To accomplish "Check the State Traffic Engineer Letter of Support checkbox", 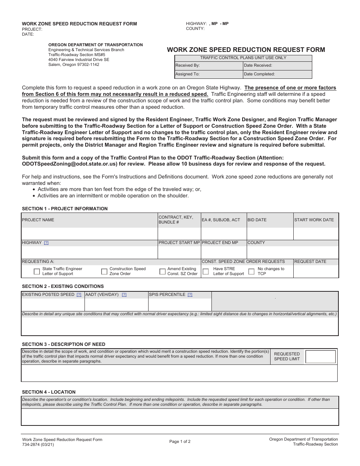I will (x=37, y=271).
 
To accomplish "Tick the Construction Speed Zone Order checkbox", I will (x=104, y=271).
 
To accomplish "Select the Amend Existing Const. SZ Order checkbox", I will (x=163, y=271).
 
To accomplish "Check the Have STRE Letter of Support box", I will (x=206, y=271).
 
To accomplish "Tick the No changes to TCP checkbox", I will (x=251, y=271).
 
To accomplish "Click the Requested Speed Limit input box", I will (x=320, y=357).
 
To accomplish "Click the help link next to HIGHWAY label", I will (x=46, y=243).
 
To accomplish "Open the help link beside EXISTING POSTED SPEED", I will (x=79, y=295).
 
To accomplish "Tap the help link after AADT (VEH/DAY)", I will (x=124, y=295).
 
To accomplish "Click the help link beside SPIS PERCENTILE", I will (x=190, y=295).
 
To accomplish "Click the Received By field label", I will (x=187, y=66).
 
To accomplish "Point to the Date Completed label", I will (x=259, y=74).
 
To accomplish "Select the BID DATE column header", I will (x=257, y=220).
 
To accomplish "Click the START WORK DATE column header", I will (x=314, y=220).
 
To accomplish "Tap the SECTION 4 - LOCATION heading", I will (x=49, y=392).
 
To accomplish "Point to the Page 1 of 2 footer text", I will (x=180, y=441).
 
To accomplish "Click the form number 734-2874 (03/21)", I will (x=38, y=444).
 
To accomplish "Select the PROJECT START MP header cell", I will (x=179, y=243).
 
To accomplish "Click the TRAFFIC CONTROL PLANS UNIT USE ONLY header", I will (x=243, y=58).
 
